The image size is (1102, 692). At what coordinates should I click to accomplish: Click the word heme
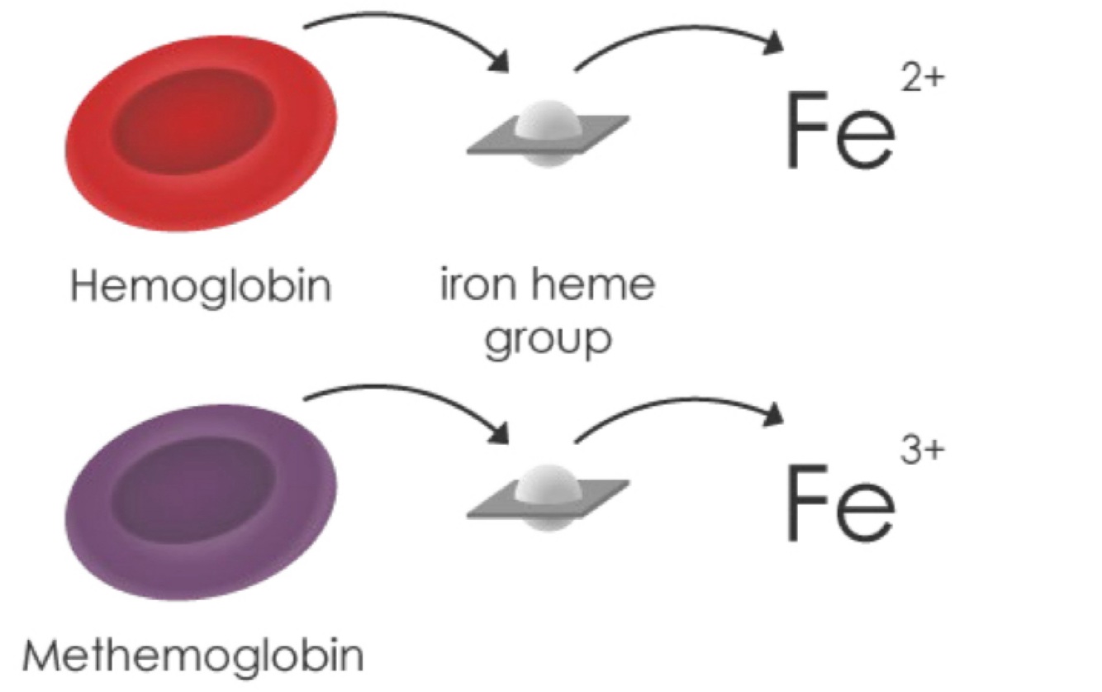(x=604, y=285)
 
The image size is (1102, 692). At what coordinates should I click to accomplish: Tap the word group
(x=547, y=339)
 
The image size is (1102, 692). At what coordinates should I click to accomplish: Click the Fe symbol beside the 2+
(x=838, y=132)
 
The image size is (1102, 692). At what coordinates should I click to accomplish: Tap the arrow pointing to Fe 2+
(x=677, y=37)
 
